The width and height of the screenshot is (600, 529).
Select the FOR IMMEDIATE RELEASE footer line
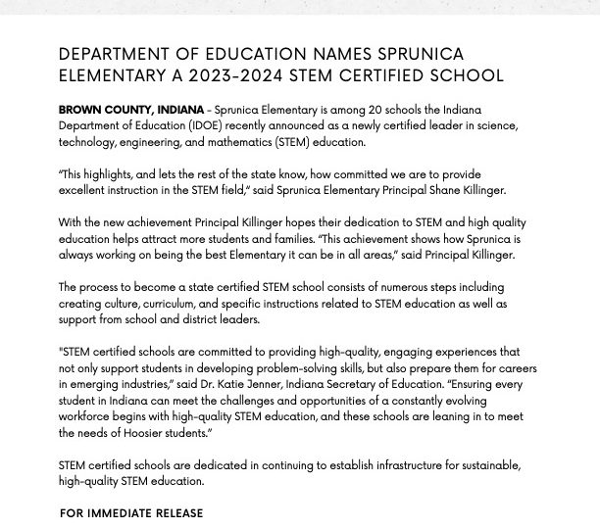pos(131,513)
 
